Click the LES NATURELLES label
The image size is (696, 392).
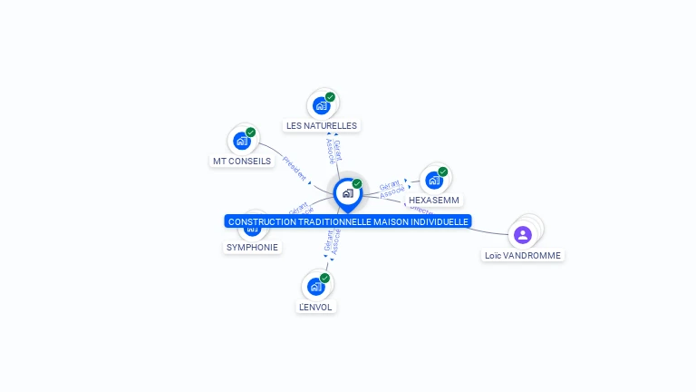pos(322,125)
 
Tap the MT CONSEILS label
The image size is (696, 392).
pos(242,161)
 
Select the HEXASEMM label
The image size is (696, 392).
pos(434,200)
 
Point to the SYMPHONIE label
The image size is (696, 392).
pos(252,247)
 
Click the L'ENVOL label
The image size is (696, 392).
pos(316,307)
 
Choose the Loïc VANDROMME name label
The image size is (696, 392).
pos(523,256)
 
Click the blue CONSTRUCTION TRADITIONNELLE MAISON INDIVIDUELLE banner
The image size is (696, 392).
pos(348,221)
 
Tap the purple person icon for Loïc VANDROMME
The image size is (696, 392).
pos(522,235)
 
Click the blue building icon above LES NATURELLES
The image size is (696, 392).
pos(321,105)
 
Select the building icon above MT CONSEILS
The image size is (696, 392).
pos(241,140)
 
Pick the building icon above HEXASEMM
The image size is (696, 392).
pos(433,180)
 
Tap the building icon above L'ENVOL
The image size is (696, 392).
pos(315,287)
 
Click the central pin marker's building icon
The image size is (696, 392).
pos(347,192)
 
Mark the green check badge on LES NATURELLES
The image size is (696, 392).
pos(331,96)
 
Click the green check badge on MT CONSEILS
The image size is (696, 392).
pos(251,132)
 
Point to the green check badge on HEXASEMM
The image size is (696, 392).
pos(443,171)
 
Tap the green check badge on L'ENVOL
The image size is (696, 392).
pos(325,278)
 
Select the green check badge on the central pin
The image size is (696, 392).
pos(357,183)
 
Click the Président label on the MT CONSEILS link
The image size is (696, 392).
pos(295,168)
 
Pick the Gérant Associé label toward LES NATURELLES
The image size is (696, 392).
pos(333,150)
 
